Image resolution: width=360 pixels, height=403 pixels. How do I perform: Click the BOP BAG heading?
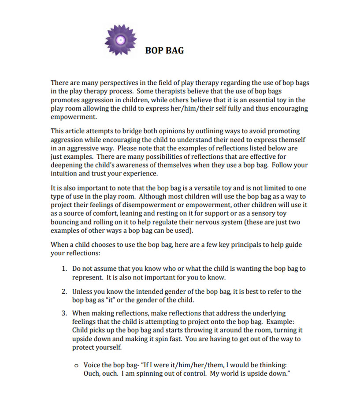pyautogui.click(x=164, y=51)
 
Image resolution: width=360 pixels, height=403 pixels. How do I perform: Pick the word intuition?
pyautogui.click(x=65, y=174)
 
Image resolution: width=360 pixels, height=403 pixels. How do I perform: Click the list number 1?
pyautogui.click(x=63, y=268)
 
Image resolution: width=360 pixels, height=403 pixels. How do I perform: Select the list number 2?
pyautogui.click(x=63, y=291)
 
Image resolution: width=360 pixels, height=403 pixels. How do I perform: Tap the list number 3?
pyautogui.click(x=63, y=313)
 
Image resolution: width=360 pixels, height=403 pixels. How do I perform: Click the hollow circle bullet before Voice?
pyautogui.click(x=77, y=366)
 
